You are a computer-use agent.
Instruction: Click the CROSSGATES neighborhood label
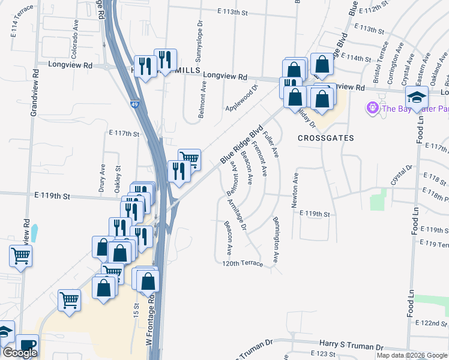(x=326, y=138)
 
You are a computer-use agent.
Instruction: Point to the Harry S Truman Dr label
(x=351, y=347)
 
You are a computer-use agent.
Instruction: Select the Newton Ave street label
(x=295, y=191)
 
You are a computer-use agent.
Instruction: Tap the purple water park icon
(x=372, y=108)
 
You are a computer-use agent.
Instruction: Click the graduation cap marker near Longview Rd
(x=416, y=96)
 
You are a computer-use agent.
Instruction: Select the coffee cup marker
(x=27, y=345)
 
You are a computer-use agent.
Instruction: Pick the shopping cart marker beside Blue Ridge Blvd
(x=189, y=158)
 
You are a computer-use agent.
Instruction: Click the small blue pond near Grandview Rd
(x=34, y=232)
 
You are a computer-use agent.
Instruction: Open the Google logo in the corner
(x=20, y=353)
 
